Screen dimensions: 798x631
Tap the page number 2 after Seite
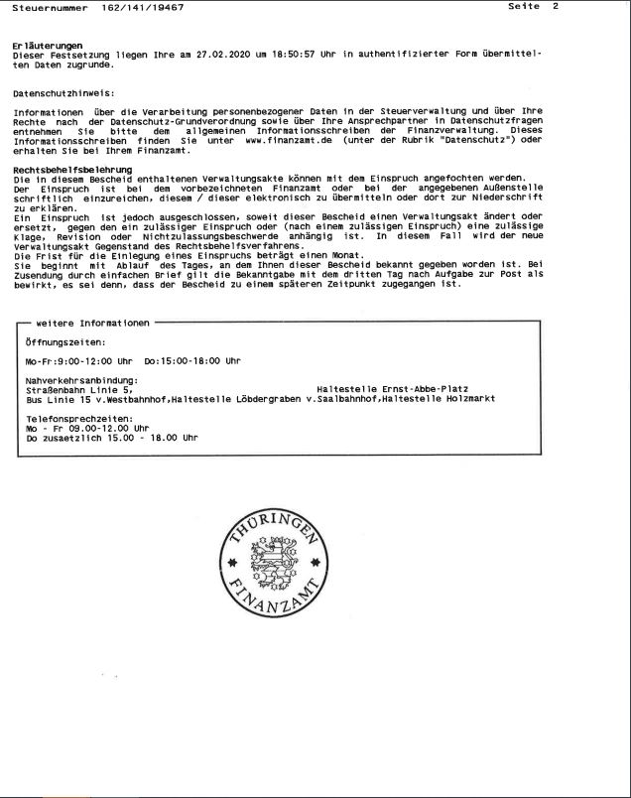[x=556, y=7]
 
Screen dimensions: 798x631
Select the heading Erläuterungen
[x=48, y=47]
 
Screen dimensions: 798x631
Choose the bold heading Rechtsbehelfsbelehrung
[x=66, y=170]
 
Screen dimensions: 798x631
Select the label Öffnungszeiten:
[x=64, y=341]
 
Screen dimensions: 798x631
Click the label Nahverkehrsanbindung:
[x=82, y=379]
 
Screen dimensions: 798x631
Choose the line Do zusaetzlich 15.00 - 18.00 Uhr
[x=112, y=438]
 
